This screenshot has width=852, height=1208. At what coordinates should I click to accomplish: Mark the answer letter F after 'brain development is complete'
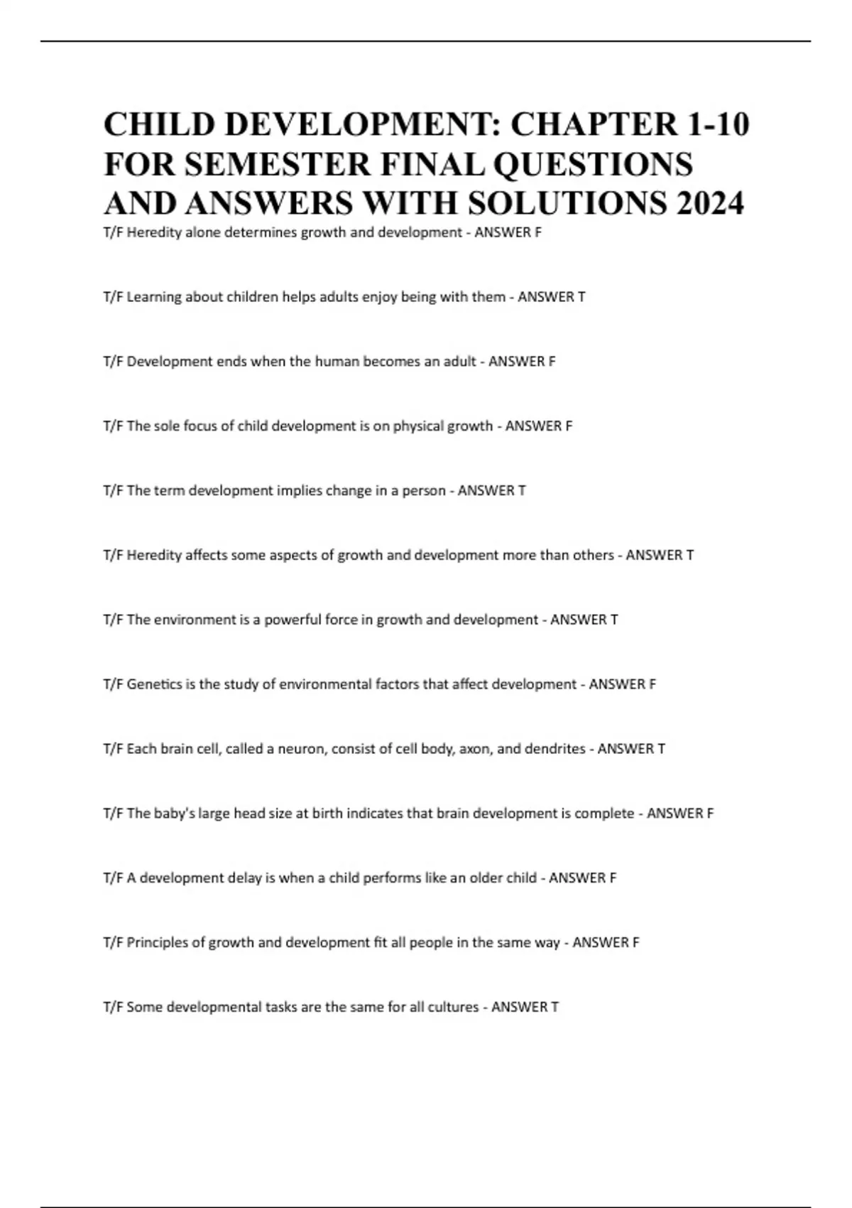(710, 813)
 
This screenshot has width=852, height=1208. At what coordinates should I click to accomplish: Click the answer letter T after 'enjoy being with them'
(581, 297)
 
